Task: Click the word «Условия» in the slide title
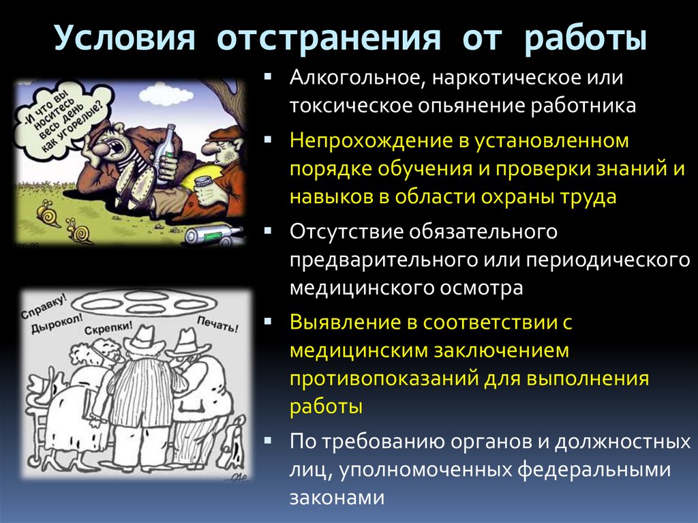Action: coord(121,39)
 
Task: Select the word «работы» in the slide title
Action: coord(586,39)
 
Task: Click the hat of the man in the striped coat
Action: coord(142,338)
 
